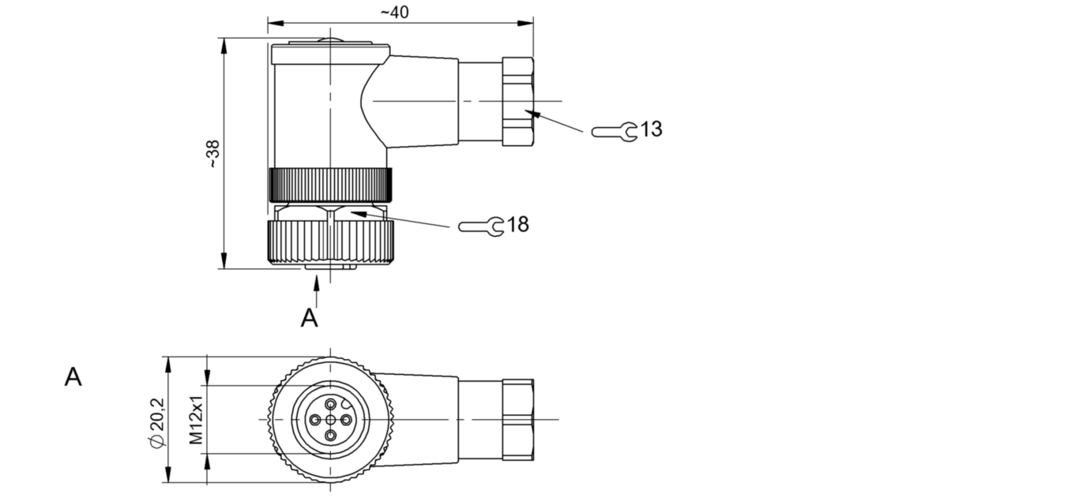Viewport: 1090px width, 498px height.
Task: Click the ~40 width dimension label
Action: click(x=395, y=12)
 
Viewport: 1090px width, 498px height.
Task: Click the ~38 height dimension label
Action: click(x=212, y=154)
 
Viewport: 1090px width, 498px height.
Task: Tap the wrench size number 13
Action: click(x=651, y=129)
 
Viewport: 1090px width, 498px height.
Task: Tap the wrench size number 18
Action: click(x=518, y=224)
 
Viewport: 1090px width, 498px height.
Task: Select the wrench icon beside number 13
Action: click(x=614, y=132)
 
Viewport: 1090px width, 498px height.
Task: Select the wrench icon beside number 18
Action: click(x=481, y=227)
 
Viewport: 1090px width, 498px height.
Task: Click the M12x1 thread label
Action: click(x=196, y=420)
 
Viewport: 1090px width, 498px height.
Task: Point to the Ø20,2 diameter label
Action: click(x=157, y=422)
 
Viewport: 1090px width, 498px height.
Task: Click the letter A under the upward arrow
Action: click(x=310, y=318)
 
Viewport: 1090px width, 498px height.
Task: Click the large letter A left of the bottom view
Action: click(x=73, y=377)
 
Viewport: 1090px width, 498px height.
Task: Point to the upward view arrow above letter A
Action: click(x=316, y=291)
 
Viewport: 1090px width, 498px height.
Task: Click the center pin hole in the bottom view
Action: click(x=331, y=420)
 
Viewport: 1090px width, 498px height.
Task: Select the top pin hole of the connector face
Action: click(x=331, y=403)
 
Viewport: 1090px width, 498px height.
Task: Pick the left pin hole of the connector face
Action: click(x=315, y=420)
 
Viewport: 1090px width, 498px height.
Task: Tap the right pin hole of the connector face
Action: click(x=347, y=420)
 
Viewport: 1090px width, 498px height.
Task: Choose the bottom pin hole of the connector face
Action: click(x=331, y=436)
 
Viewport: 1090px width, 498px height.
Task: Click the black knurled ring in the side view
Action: click(x=330, y=185)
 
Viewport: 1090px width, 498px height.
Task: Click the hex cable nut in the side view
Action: click(x=518, y=101)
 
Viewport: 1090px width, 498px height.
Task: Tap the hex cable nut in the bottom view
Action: click(x=518, y=420)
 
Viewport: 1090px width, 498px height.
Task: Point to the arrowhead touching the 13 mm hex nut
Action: click(x=532, y=114)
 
